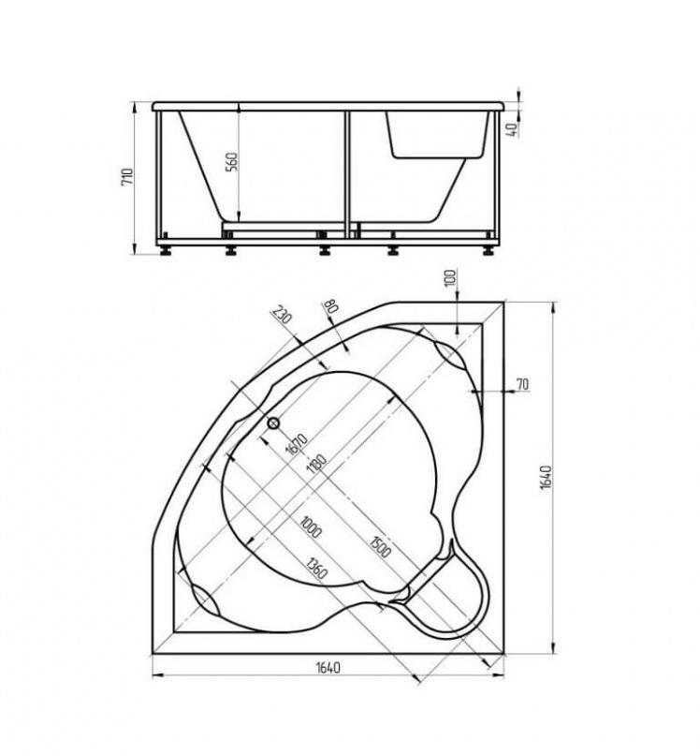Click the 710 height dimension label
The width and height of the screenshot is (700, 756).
coord(126,177)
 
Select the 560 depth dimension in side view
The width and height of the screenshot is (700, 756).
coord(232,162)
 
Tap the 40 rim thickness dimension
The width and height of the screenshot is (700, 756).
coord(513,128)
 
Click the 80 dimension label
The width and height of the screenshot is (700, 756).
coord(330,305)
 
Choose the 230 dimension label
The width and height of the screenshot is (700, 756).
coord(283,315)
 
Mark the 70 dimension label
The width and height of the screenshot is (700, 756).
coord(522,384)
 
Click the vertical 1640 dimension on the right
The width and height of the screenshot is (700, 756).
coord(546,478)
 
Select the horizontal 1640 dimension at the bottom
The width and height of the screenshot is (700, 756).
coord(328,667)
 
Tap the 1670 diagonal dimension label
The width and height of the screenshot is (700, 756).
coord(297,444)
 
